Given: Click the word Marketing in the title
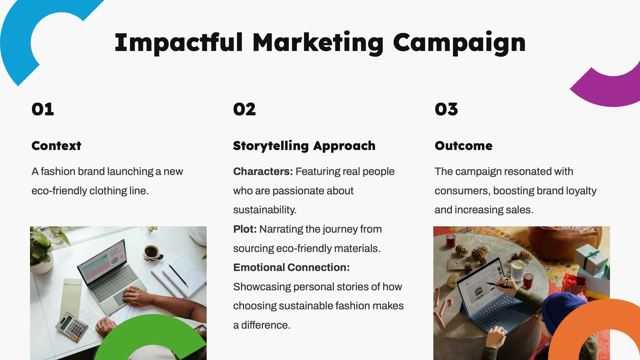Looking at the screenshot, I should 318,43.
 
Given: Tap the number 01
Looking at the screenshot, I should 43,109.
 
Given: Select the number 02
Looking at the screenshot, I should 244,109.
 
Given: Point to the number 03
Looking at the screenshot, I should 446,109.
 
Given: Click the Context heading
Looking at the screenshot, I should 56,146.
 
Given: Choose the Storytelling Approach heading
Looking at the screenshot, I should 304,146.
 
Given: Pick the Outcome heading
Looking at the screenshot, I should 463,146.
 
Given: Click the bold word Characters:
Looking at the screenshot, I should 263,171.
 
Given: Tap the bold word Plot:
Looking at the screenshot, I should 245,229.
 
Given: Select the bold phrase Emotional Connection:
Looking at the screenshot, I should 291,267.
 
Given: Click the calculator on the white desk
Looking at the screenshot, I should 72,327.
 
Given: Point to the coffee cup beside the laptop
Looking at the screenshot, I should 152,252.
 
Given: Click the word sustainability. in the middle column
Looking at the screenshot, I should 265,210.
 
